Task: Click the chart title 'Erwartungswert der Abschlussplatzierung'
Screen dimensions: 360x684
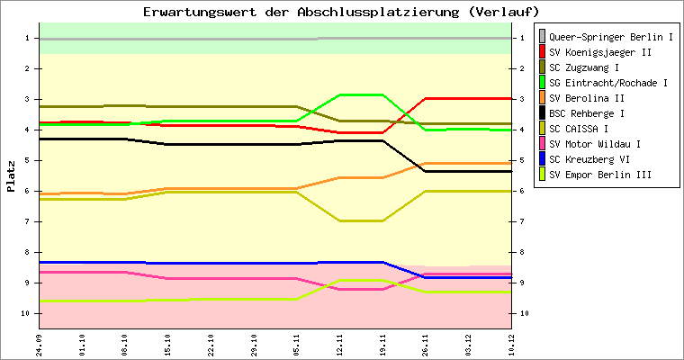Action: pyautogui.click(x=341, y=12)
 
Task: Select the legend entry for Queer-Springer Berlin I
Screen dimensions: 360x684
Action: pyautogui.click(x=611, y=38)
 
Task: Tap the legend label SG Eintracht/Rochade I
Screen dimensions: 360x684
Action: pyautogui.click(x=607, y=84)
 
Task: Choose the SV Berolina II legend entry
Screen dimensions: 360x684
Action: pyautogui.click(x=587, y=99)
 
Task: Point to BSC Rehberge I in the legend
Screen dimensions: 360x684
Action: pyautogui.click(x=586, y=114)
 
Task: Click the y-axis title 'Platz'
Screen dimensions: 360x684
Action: pyautogui.click(x=11, y=176)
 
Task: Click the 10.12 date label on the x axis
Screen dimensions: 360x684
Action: pyautogui.click(x=511, y=344)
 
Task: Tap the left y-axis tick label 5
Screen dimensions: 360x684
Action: pyautogui.click(x=30, y=160)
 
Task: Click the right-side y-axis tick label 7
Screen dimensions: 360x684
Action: pyautogui.click(x=523, y=221)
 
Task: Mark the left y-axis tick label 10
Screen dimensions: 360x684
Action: pyautogui.click(x=28, y=313)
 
